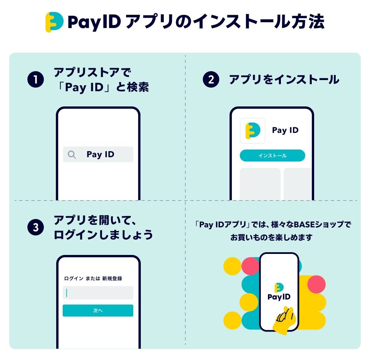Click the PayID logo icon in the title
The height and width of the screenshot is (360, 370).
coord(54,22)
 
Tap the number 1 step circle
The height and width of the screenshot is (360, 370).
coord(36,79)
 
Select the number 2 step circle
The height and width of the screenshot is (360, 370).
coord(211,79)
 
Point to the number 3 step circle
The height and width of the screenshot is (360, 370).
coord(36,228)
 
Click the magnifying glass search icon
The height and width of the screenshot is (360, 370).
coord(72,155)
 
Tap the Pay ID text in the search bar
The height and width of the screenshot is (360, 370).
coord(100,154)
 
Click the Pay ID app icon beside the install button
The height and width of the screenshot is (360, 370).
coord(253,131)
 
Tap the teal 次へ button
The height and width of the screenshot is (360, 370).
coord(98,310)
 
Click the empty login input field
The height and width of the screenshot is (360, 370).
coord(98,293)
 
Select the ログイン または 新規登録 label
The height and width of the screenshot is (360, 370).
coord(93,279)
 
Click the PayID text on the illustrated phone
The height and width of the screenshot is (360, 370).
coord(279,297)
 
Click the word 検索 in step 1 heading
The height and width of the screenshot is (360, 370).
coord(138,87)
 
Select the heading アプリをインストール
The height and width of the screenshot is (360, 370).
coord(284,79)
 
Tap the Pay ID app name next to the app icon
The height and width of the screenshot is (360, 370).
coord(285,130)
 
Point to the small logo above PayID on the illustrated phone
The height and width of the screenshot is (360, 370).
coord(279,287)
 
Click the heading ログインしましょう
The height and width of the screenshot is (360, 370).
coord(103,235)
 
